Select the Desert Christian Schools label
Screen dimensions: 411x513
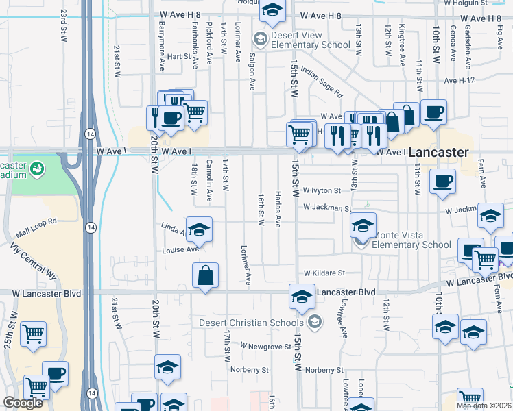point(251,323)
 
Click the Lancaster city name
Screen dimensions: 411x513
point(439,153)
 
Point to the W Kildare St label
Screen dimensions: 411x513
point(324,273)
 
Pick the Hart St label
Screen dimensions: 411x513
point(178,57)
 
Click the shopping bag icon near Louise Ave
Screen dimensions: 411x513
point(205,276)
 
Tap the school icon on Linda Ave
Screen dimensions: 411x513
point(198,230)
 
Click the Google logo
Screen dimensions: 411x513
point(23,403)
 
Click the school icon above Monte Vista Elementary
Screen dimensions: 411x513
point(363,223)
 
